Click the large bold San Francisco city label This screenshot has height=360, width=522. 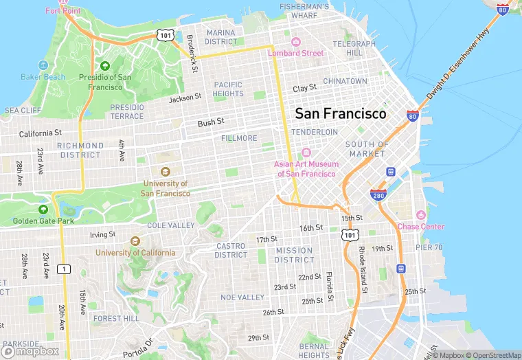click(341, 113)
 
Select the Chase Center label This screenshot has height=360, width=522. click(421, 227)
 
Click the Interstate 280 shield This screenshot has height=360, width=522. click(378, 195)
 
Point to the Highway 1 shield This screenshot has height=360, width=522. click(64, 268)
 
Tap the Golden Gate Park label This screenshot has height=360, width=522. click(43, 221)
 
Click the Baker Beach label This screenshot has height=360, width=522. click(43, 77)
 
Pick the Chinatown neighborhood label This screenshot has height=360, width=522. click(345, 81)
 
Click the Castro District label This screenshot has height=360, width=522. click(231, 250)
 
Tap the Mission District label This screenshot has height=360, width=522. click(294, 255)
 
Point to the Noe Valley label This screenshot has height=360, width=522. click(242, 297)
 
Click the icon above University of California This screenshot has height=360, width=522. click(135, 241)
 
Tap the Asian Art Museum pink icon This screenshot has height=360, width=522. click(306, 153)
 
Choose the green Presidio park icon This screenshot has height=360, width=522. click(105, 66)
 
